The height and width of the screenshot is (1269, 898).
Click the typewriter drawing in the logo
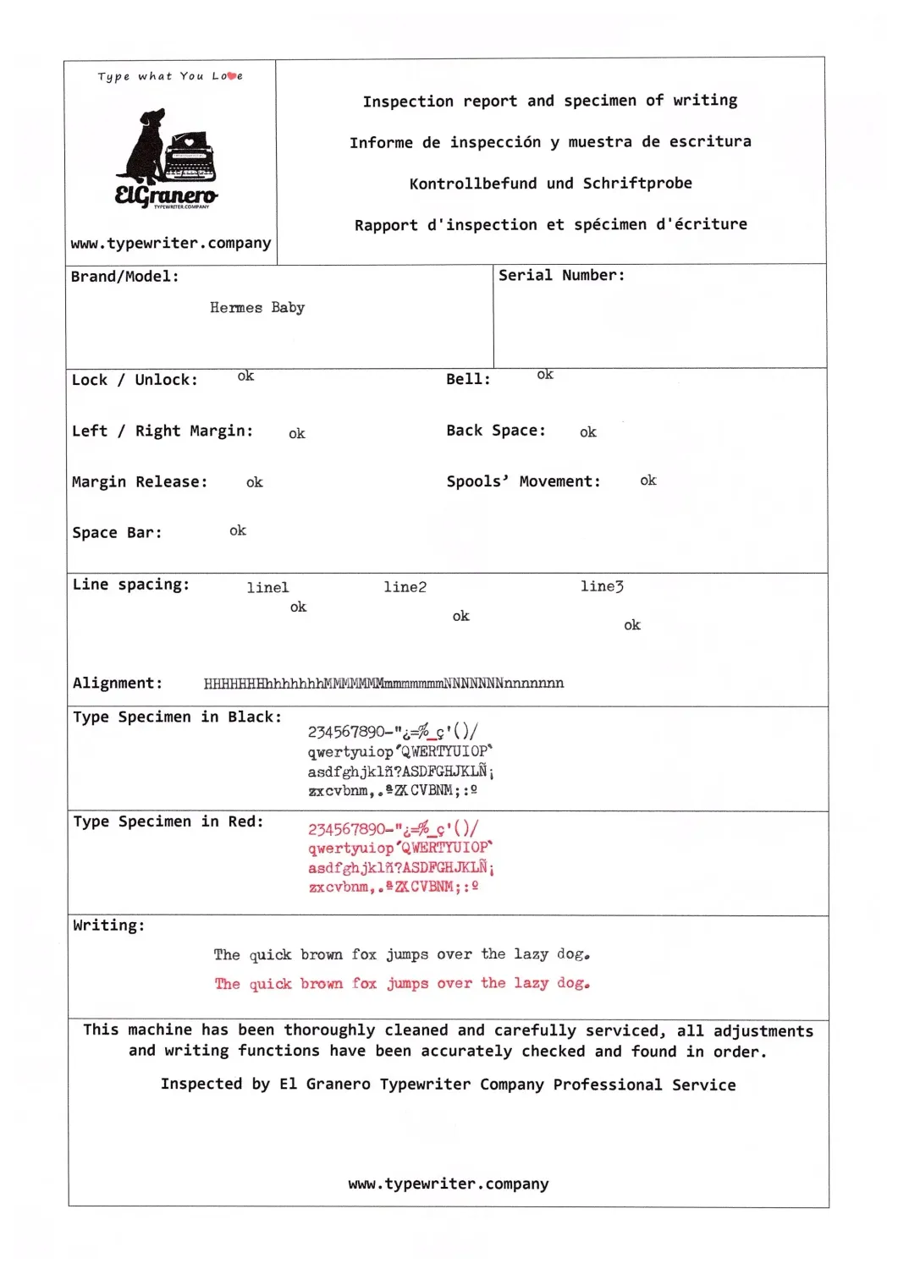click(190, 157)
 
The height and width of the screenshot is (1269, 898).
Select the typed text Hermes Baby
click(257, 308)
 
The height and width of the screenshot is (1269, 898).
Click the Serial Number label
click(561, 276)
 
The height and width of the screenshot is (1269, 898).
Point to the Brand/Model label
click(124, 277)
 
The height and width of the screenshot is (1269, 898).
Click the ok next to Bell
click(545, 374)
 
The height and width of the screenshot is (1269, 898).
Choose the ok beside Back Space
click(588, 432)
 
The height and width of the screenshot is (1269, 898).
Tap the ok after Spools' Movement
click(648, 481)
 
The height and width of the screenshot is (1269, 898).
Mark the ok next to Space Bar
click(238, 530)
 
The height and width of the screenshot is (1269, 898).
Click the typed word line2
click(405, 587)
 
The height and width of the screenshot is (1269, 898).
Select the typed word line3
click(602, 586)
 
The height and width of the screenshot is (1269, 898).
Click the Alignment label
click(117, 684)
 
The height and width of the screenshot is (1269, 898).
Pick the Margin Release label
click(140, 482)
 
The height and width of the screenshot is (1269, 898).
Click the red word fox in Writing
click(365, 984)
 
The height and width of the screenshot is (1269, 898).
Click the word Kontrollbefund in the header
click(472, 184)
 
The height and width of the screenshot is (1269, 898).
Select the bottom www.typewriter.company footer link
click(449, 1184)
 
